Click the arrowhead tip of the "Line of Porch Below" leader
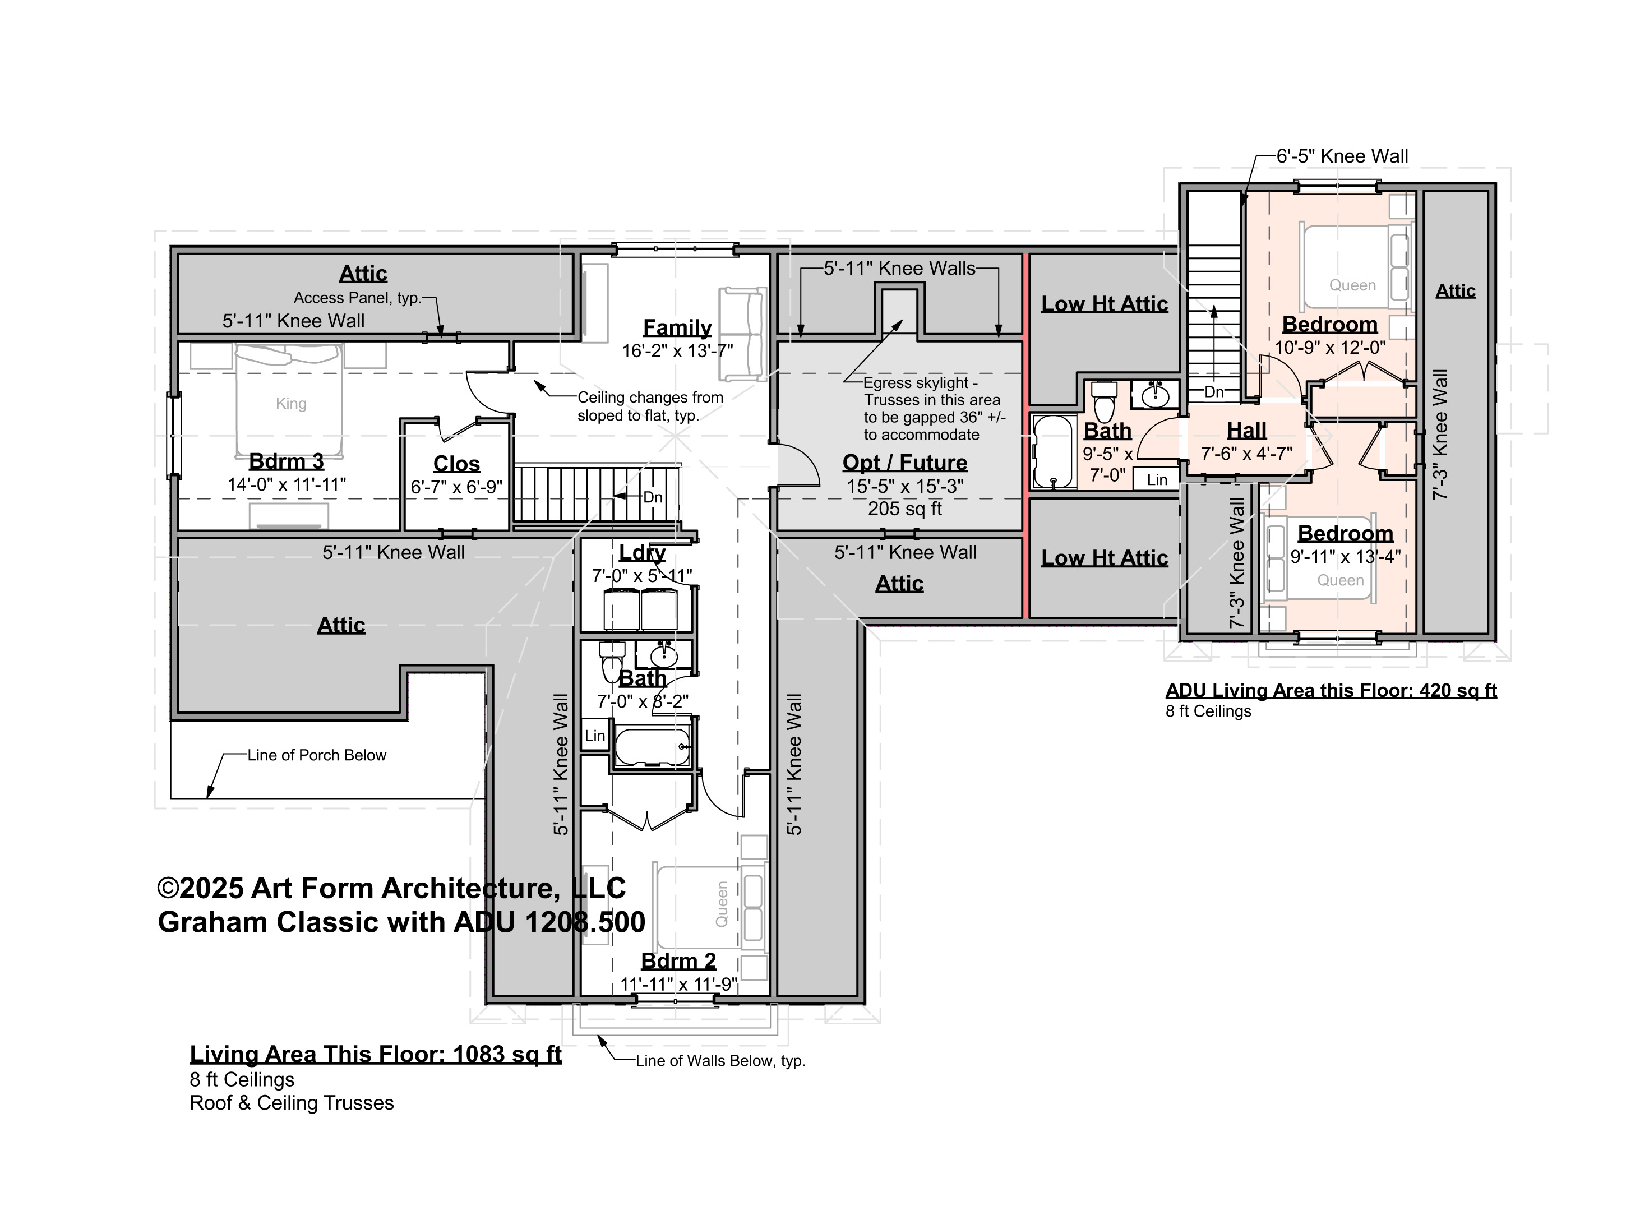click(x=207, y=798)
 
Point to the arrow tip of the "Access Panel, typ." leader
click(x=441, y=336)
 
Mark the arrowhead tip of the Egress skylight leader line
click(x=902, y=320)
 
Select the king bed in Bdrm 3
click(x=290, y=400)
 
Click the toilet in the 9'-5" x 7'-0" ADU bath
click(x=1105, y=400)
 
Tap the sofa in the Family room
click(x=741, y=334)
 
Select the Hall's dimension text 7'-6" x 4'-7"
click(x=1246, y=454)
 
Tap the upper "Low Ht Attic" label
click(x=1104, y=304)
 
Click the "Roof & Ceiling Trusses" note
click(x=292, y=1103)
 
